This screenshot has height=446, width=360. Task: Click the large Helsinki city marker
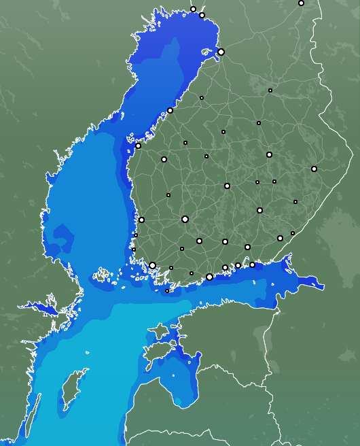click(x=209, y=277)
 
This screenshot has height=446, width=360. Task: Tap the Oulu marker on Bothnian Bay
click(x=221, y=52)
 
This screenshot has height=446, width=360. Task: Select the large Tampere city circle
click(x=185, y=219)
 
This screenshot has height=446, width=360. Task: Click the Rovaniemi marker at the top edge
click(x=301, y=3)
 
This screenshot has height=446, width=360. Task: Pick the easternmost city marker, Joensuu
click(x=314, y=169)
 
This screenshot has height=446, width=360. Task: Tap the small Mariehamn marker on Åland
click(x=167, y=291)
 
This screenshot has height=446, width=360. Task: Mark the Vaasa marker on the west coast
click(x=138, y=145)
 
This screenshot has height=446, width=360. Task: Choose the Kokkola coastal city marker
click(x=170, y=110)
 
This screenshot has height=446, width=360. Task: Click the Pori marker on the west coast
click(x=141, y=220)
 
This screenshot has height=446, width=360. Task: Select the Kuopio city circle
click(x=269, y=154)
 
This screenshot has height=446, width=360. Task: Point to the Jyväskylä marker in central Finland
click(x=227, y=186)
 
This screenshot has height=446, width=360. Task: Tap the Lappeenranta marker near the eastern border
click(x=280, y=238)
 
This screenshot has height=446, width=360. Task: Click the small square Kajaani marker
click(x=270, y=90)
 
